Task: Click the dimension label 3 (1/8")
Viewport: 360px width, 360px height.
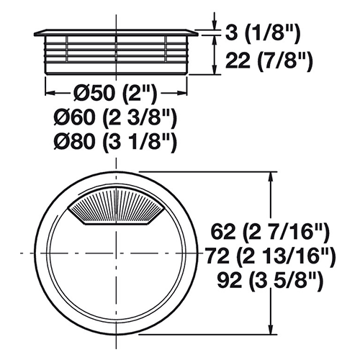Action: pos(263,33)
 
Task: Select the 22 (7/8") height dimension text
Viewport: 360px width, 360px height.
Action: pos(269,61)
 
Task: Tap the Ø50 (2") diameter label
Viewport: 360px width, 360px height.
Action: pos(114,93)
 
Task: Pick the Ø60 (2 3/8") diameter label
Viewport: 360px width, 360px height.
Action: pos(115,118)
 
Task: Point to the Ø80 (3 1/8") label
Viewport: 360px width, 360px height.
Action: pos(115,142)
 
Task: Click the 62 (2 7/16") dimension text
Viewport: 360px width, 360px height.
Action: pos(270,233)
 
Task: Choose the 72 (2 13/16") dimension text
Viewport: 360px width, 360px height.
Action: pos(270,256)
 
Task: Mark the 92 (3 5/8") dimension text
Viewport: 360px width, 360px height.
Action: pos(270,280)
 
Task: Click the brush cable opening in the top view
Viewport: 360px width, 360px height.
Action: pos(117,207)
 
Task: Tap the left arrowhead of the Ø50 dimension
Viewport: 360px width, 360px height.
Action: pos(50,93)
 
